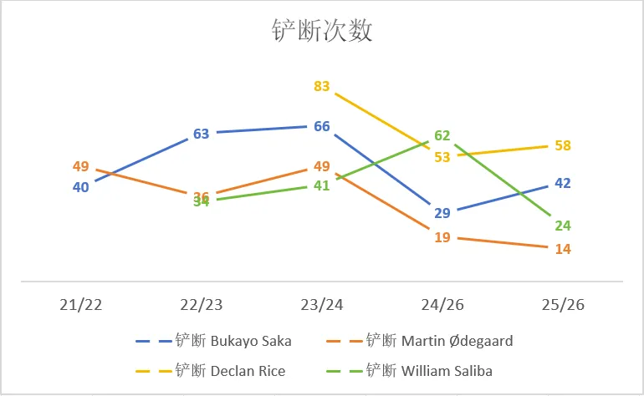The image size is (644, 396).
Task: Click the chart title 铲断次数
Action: point(322,31)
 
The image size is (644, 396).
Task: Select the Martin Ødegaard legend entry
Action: point(435,341)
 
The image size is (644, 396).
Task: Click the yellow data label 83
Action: point(322,86)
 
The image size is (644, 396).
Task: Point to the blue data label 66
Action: point(322,126)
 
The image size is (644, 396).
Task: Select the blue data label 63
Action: point(202,133)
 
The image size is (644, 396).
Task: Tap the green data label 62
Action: point(442,135)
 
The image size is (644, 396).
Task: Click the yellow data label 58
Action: point(563,145)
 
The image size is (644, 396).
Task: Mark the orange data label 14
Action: point(563,249)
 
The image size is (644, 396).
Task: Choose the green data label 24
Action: point(563,226)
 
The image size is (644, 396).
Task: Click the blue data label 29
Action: point(442,213)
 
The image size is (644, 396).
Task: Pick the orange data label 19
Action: point(442,237)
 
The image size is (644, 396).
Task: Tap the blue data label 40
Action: point(81,187)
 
